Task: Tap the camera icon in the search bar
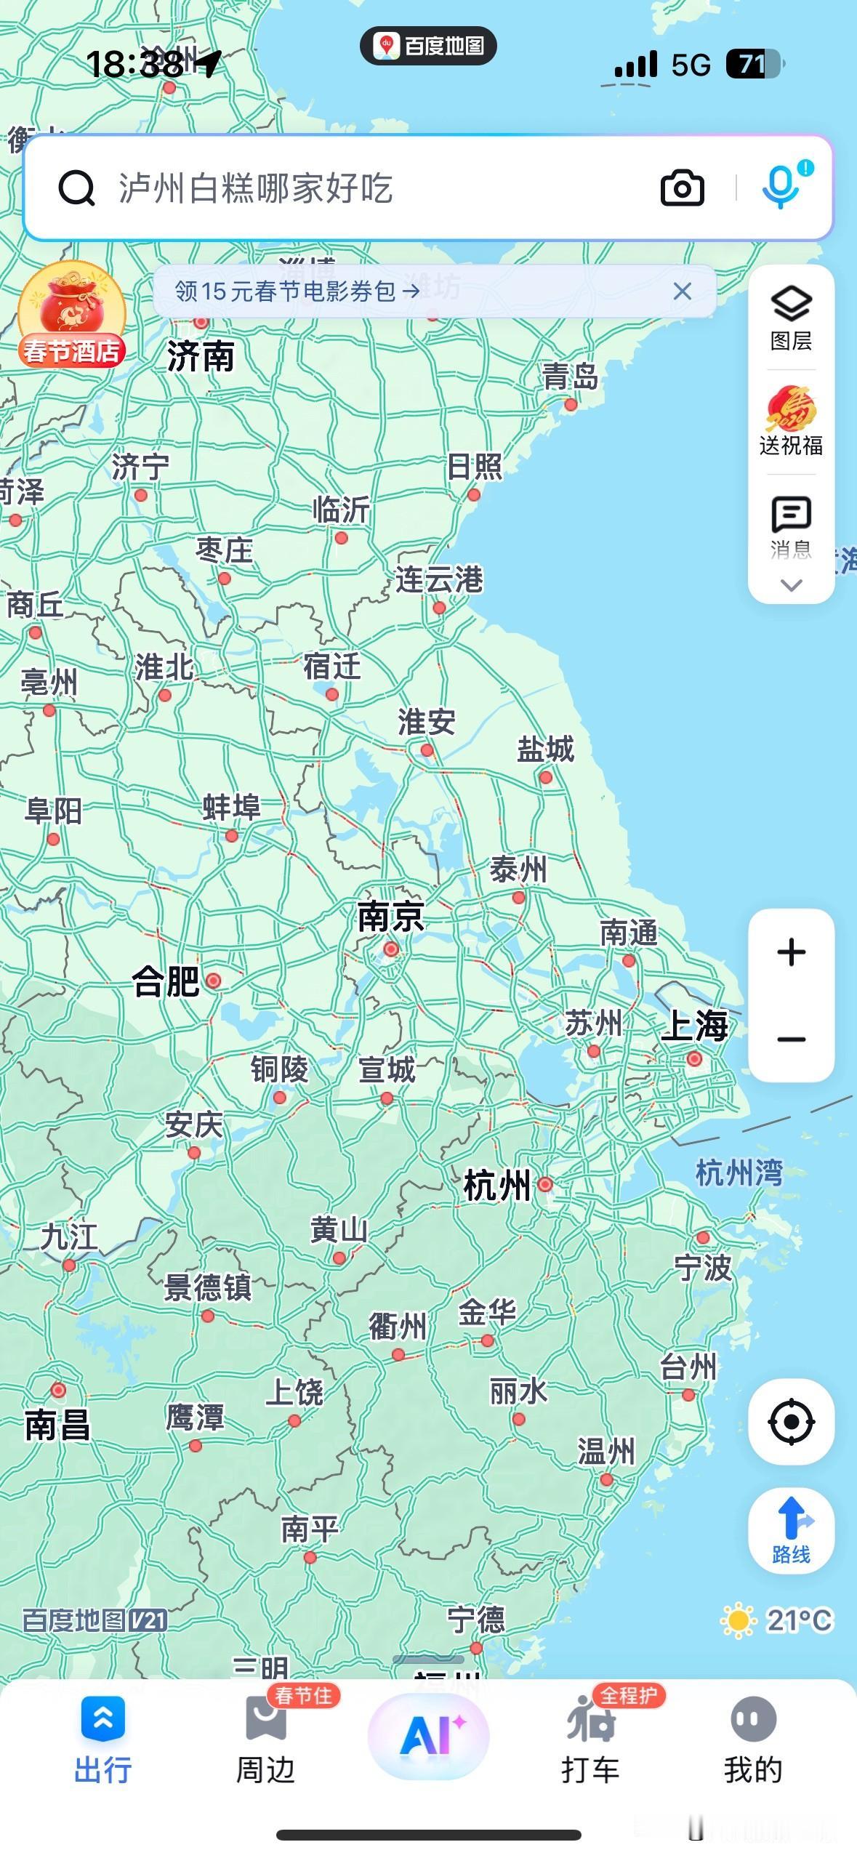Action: (682, 188)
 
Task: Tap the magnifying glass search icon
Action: (76, 188)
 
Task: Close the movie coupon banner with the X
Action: (682, 291)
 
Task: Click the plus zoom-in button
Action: (791, 952)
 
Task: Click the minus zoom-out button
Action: (791, 1039)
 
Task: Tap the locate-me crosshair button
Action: (791, 1421)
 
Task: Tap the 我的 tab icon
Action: (753, 1721)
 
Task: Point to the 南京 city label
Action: (390, 917)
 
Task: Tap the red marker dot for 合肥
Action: (213, 981)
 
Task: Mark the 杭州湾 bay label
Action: (739, 1173)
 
